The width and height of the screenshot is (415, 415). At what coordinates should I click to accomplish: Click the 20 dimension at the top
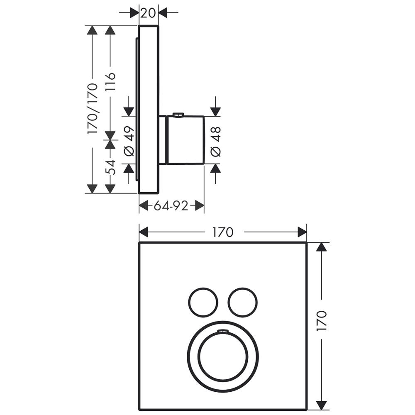148,13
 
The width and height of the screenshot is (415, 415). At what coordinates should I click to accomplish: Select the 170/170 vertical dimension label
93,108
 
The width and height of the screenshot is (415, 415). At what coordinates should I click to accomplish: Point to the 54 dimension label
110,167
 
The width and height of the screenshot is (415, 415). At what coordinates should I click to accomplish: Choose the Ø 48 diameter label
215,141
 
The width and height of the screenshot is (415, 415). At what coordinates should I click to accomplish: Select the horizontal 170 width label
223,232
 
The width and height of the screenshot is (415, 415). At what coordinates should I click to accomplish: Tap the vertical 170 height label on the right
322,320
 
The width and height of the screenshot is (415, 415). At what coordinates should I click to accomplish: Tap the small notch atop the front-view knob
222,331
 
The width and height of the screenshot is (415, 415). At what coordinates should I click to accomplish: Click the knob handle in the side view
185,140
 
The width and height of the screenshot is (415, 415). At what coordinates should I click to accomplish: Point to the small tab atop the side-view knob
178,115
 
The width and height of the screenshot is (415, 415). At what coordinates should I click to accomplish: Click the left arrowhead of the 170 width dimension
143,232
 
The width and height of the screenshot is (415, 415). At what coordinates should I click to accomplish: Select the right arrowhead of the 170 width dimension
302,232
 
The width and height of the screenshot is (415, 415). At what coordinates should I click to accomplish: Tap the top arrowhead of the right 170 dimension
322,247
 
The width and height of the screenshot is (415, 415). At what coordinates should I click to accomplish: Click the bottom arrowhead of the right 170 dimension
322,405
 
